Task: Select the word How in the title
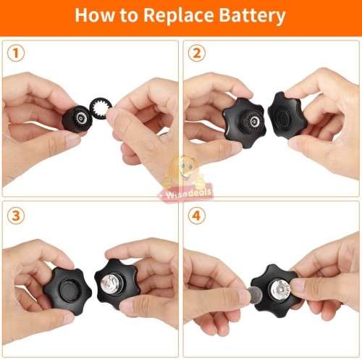click(96, 15)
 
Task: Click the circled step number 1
click(15, 53)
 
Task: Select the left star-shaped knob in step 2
click(243, 120)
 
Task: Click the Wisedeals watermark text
click(180, 194)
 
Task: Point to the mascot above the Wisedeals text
click(180, 172)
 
